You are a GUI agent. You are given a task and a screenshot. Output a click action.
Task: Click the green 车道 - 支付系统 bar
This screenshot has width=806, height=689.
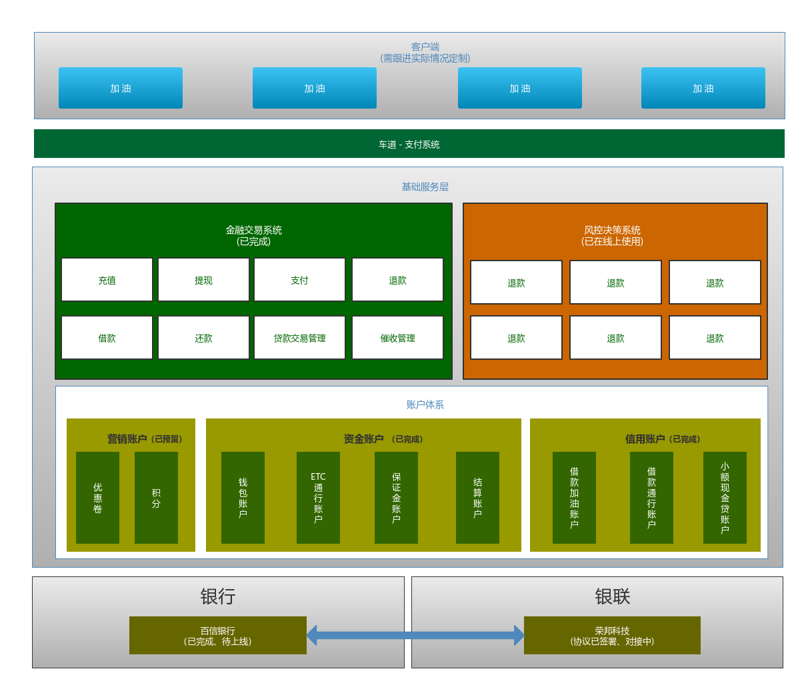coord(409,144)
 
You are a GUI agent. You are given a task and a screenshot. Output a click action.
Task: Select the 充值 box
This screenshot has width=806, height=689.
coord(107,280)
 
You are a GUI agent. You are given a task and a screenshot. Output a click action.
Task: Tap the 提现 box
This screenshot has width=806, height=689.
coord(203,280)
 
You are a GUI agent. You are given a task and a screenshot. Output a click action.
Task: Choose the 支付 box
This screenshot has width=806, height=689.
coord(299,280)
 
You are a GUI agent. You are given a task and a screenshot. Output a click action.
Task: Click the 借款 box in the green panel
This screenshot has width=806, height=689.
coord(107,338)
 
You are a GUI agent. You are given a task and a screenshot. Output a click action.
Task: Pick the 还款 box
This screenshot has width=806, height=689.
coord(203,338)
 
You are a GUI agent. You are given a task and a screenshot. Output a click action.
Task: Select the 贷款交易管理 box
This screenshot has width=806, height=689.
coord(299,338)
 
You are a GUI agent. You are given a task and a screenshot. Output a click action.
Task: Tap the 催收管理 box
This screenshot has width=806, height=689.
coord(397,338)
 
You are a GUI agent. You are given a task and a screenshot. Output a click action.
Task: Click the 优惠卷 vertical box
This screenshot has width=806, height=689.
coord(97,498)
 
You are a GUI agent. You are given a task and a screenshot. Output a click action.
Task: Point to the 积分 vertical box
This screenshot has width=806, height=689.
coord(156,498)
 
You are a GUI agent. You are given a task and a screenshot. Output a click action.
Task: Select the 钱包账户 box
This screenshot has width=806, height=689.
coord(243,498)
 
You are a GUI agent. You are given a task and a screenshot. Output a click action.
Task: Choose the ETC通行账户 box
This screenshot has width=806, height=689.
coord(318,498)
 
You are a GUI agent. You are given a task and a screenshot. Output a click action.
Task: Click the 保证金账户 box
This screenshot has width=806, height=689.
coord(396,498)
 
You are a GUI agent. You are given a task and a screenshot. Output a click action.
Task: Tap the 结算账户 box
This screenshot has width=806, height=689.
coord(477,498)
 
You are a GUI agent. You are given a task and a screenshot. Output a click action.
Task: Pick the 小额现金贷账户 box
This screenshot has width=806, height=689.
coord(725,498)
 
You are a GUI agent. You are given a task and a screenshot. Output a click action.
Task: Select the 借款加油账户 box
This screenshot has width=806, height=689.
coord(574,498)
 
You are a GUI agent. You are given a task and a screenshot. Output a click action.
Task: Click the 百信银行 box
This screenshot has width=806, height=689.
coord(217,636)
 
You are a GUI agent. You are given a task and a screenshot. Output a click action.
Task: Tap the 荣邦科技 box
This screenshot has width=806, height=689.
coord(612,636)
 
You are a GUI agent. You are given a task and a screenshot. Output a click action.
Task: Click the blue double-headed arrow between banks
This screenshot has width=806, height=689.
coord(415,635)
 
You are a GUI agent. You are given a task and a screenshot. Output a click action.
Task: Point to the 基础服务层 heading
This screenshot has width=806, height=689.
coord(425,187)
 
